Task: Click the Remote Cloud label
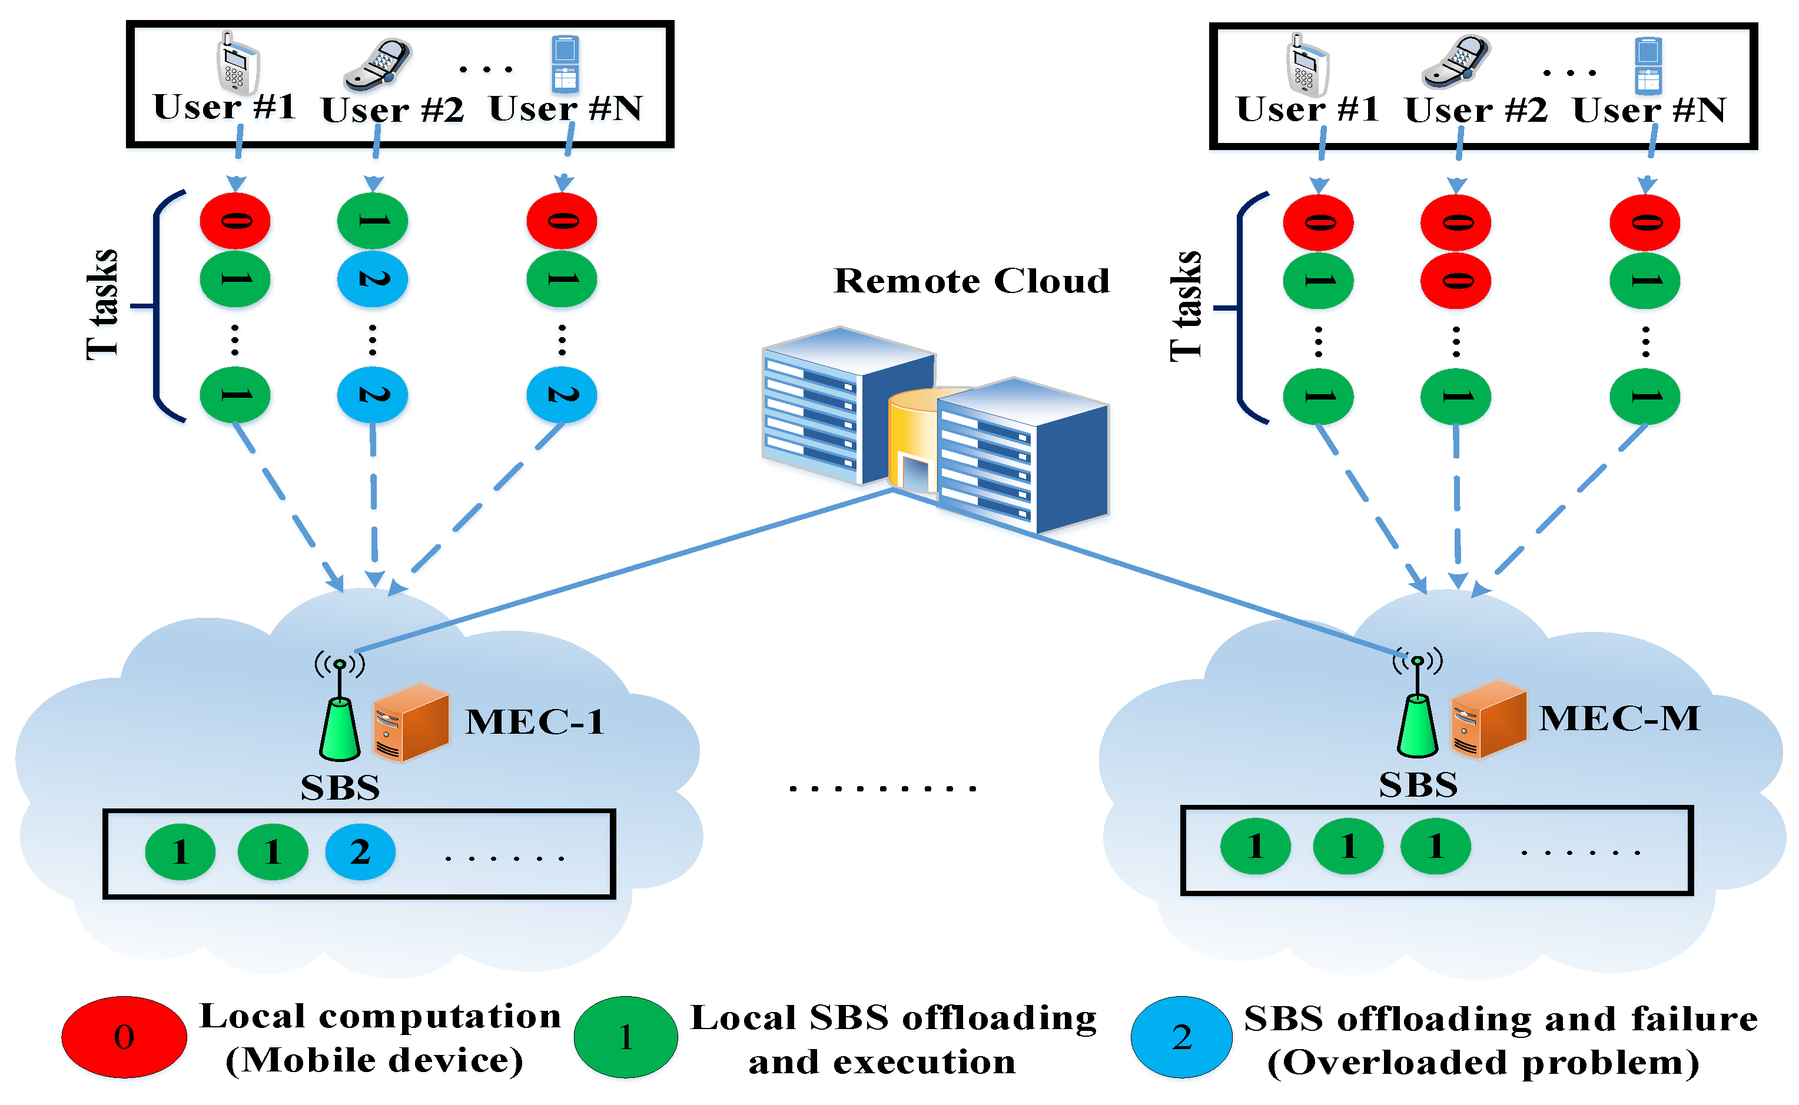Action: tap(971, 281)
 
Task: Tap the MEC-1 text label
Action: tap(535, 722)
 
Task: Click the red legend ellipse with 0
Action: tap(124, 1036)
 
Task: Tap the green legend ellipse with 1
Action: tap(625, 1036)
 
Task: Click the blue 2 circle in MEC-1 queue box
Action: tap(360, 852)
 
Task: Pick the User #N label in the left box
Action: tap(565, 109)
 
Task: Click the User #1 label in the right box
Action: tap(1306, 109)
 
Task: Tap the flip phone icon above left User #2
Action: tap(378, 64)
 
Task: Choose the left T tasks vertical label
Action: tap(102, 305)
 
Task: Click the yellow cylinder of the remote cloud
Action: tap(910, 438)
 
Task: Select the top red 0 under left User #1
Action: tap(235, 220)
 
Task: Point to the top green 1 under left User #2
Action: tap(372, 220)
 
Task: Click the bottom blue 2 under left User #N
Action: tap(562, 395)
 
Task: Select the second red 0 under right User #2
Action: tap(1455, 281)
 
